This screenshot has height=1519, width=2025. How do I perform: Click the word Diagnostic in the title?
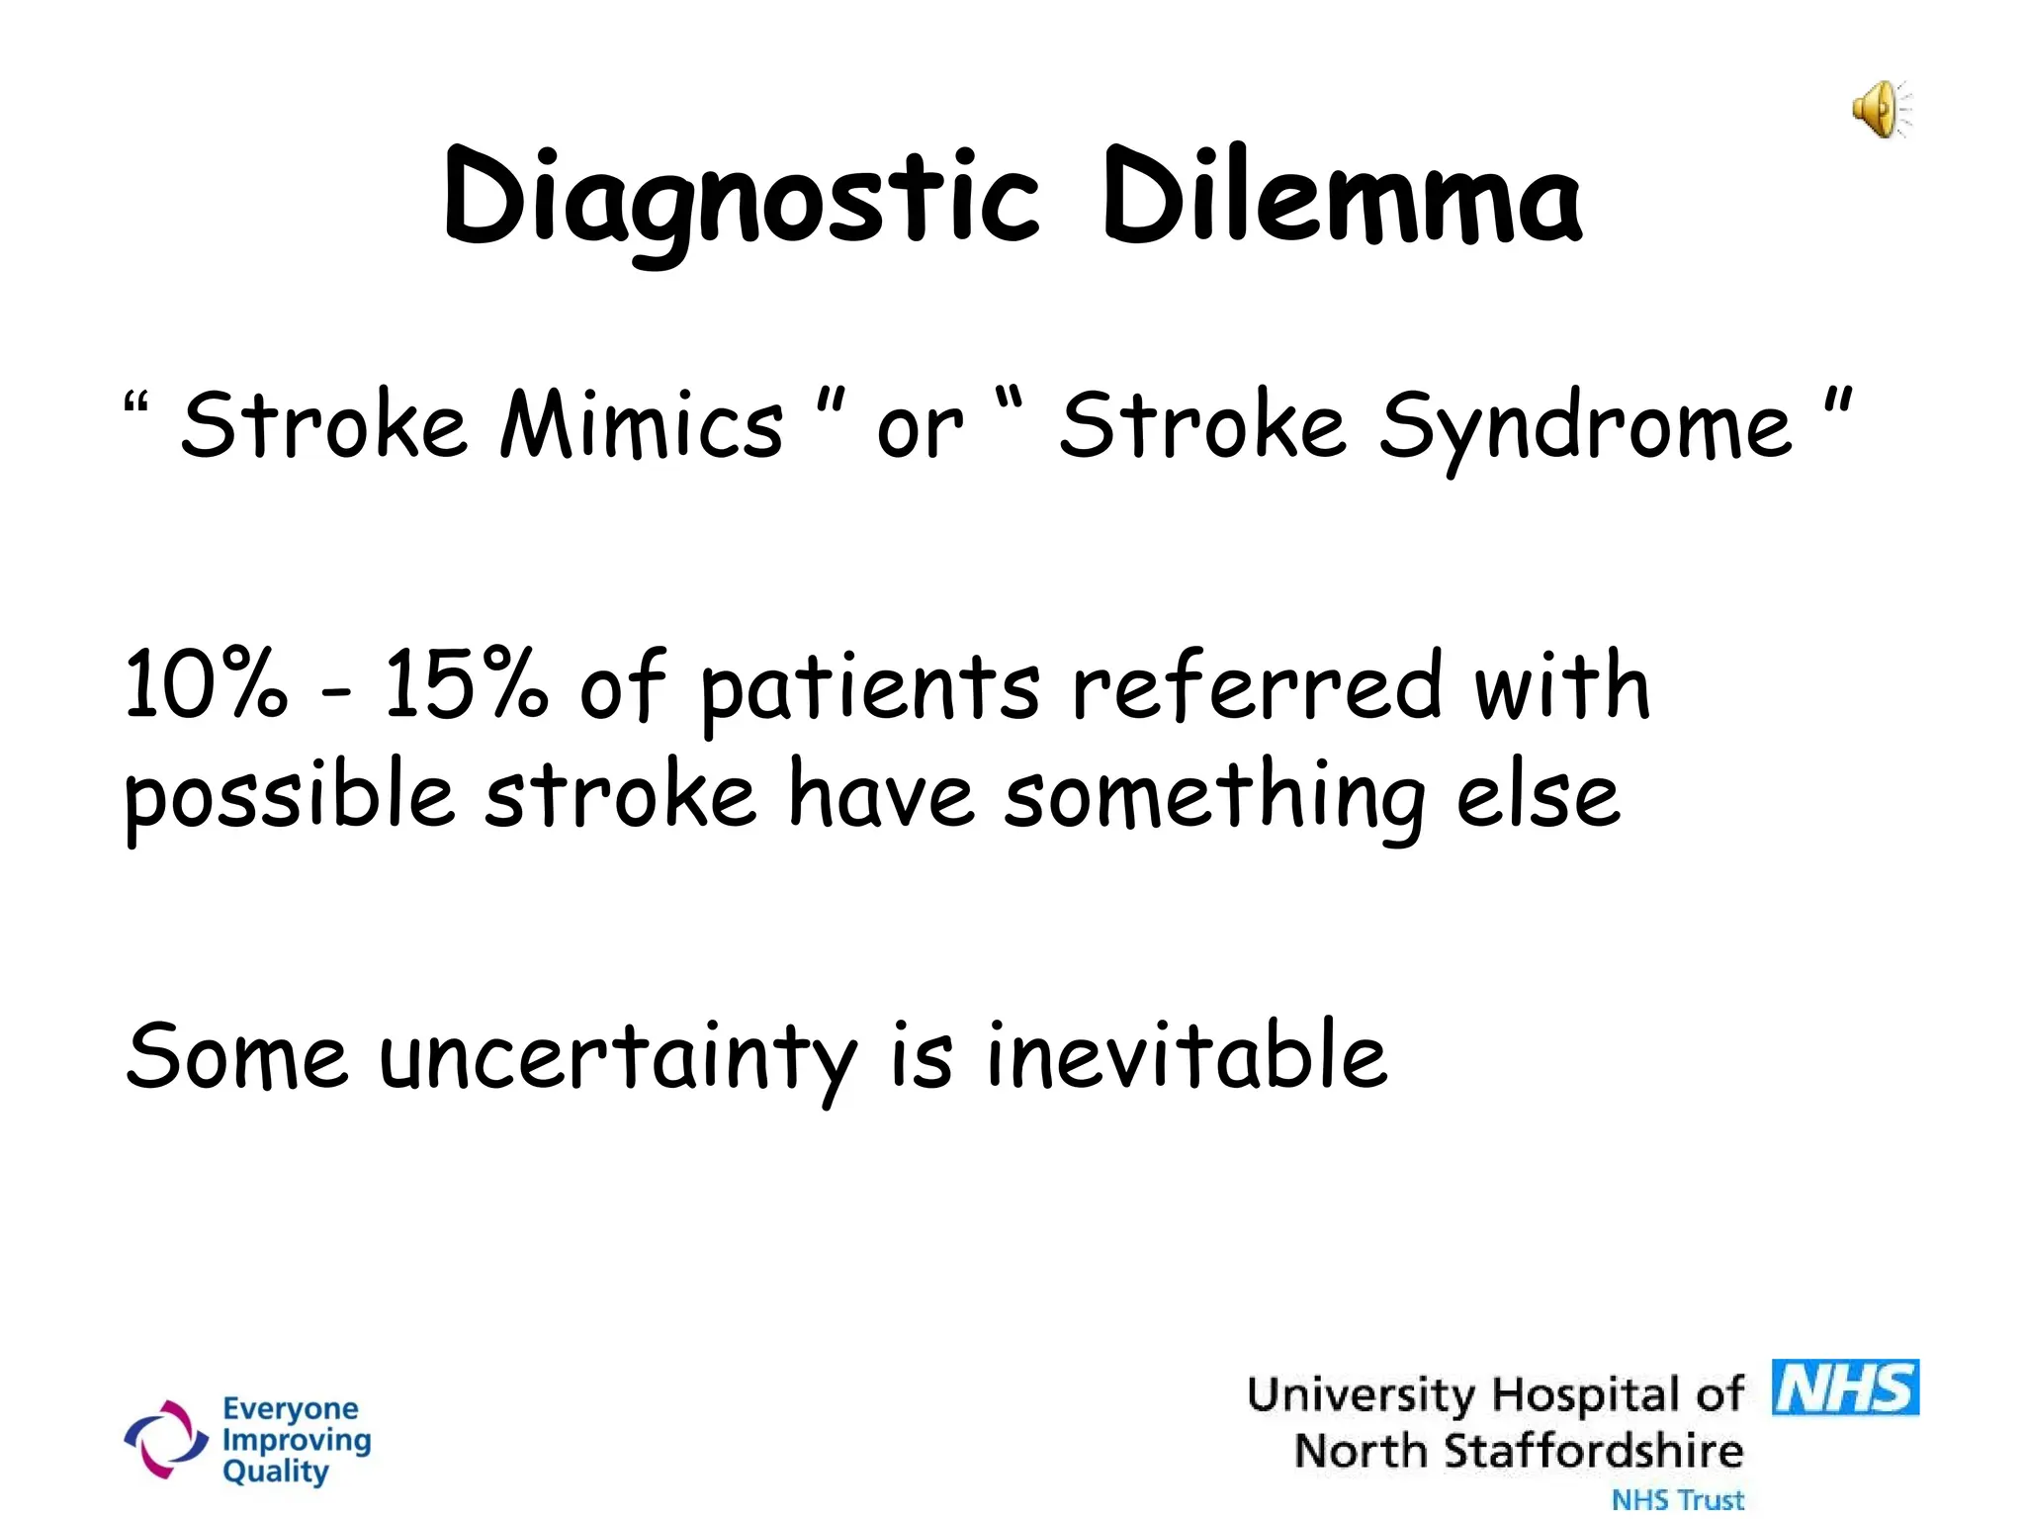point(742,198)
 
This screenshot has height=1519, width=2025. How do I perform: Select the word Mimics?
point(642,425)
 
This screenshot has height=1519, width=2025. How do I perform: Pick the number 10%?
point(206,684)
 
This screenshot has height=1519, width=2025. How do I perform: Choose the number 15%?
point(465,684)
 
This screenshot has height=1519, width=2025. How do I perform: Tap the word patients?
point(870,689)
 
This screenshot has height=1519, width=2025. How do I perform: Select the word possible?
point(289,799)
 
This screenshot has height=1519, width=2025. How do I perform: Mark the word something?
point(1214,799)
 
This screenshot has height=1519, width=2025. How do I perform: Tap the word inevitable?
point(1187,1055)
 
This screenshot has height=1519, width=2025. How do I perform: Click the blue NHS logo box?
point(1845,1387)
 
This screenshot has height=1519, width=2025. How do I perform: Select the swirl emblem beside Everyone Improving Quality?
point(165,1439)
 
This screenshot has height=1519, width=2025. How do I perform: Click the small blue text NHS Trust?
point(1678,1500)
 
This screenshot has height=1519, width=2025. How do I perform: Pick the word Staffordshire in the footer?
point(1593,1452)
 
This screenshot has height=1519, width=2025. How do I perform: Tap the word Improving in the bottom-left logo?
point(297,1441)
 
